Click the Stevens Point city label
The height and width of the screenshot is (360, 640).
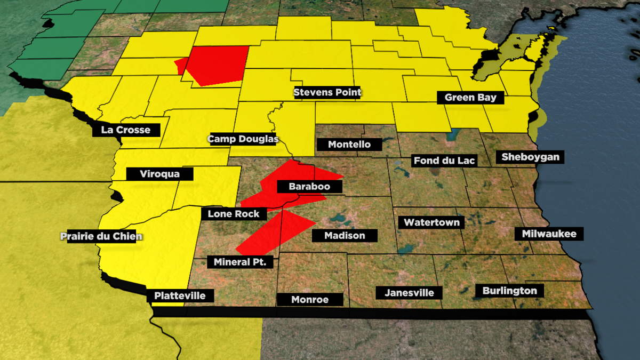coord(327,92)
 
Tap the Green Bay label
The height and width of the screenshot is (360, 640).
coord(470,98)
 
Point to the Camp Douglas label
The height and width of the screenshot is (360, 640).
coord(243,139)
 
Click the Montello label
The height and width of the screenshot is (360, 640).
coord(349,145)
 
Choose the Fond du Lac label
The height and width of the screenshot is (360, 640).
coord(444,161)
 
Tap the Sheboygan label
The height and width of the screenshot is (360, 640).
coord(530,157)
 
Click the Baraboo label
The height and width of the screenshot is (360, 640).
coord(309,187)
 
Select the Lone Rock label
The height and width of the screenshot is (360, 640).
coord(234,214)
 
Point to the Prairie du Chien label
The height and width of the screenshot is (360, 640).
coord(101,236)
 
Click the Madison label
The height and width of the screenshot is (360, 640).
coord(345,235)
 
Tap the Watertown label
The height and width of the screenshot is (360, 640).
coord(431,222)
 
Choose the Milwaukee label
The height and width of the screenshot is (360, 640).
coord(549,234)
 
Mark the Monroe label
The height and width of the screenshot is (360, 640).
coord(310,300)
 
